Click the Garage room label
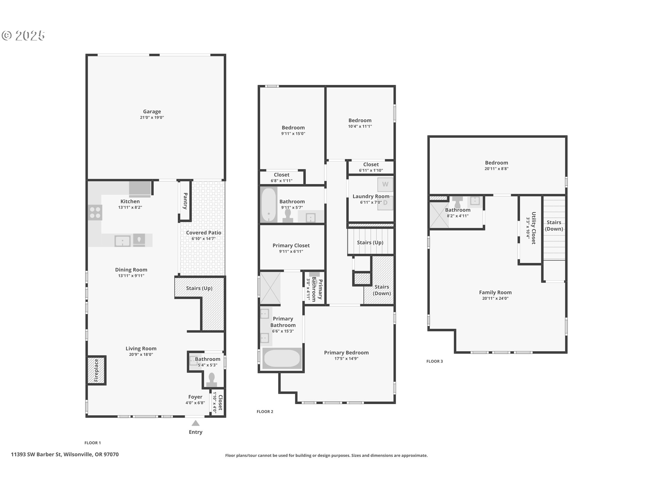pos(152,111)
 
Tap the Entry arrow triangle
pos(196,423)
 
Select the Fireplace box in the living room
pos(97,370)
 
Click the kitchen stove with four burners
pos(95,213)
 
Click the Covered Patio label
pos(203,233)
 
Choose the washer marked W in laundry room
pos(385,184)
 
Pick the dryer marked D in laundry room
pos(385,203)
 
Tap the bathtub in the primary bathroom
pos(282,358)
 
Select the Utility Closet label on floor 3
pos(534,228)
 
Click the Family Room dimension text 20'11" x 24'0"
pos(495,298)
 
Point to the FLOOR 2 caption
pos(265,412)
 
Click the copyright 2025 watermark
pos(23,36)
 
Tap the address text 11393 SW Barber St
pos(36,454)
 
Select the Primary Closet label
pos(291,246)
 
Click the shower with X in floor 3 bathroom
pos(439,215)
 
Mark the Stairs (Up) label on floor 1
pos(199,288)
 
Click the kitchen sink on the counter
pos(122,241)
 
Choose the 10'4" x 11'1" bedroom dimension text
pos(360,126)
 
